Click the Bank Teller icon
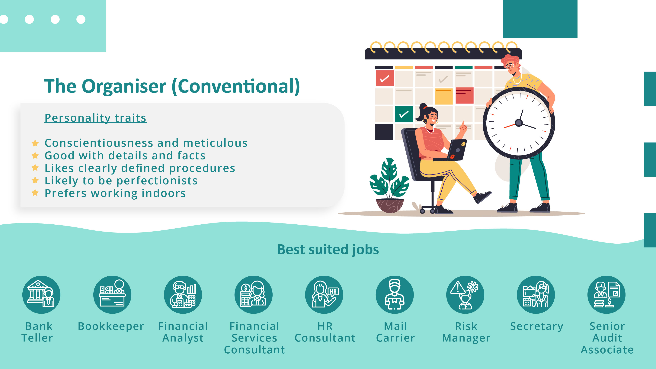coord(41,295)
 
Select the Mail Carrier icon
coord(395,295)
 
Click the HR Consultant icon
coord(324,295)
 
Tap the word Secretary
coord(537,326)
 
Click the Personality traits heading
coord(95,118)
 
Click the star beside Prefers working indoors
coord(35,193)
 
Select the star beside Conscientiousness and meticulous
coord(35,143)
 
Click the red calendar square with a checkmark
coord(385,78)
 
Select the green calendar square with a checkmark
coord(404,114)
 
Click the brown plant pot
coord(390,205)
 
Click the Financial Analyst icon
coord(183,295)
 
